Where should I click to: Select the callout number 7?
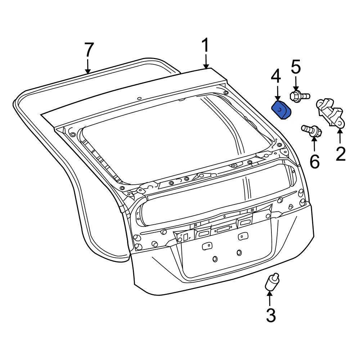coord(89,51)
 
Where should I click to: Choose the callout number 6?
coord(314,162)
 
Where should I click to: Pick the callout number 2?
coord(340,154)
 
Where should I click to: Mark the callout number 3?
coord(271,315)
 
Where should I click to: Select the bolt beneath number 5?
coord(298,96)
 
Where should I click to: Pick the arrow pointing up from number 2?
coord(340,137)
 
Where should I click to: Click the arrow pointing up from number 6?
coord(314,145)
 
